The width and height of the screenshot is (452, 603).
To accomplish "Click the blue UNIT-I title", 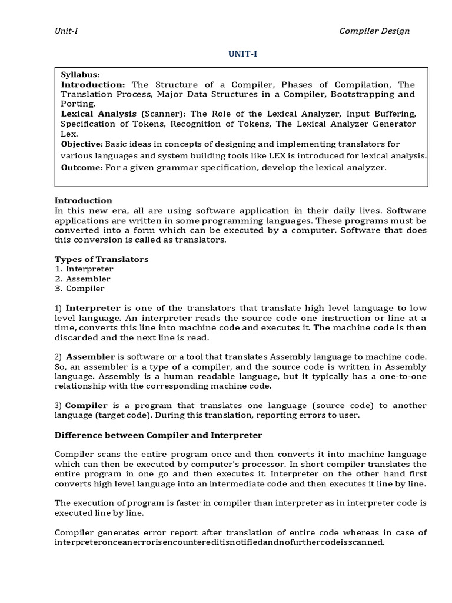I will click(x=243, y=54).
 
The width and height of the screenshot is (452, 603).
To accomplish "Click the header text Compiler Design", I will click(x=374, y=31).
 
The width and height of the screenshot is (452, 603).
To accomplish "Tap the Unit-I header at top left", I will click(x=66, y=31).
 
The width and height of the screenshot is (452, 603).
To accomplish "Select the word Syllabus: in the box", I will click(x=81, y=75).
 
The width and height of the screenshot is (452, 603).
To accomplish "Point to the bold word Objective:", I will click(x=82, y=144).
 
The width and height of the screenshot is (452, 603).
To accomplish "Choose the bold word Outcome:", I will click(x=82, y=168).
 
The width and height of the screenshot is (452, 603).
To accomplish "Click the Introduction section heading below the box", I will click(x=83, y=201).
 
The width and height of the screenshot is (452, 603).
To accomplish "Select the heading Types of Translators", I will click(x=101, y=259).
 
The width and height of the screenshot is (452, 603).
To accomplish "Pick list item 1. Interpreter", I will click(x=84, y=269).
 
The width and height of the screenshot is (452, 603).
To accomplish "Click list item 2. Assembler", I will click(x=82, y=279).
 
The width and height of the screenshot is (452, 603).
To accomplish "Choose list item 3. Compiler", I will click(x=79, y=289).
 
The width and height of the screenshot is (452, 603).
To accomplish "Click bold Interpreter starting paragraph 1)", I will click(x=92, y=308).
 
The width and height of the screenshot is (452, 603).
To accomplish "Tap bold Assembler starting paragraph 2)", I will click(x=91, y=357).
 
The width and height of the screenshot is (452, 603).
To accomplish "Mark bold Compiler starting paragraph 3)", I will click(x=86, y=406).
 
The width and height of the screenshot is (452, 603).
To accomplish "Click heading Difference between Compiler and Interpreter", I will click(x=158, y=435).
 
